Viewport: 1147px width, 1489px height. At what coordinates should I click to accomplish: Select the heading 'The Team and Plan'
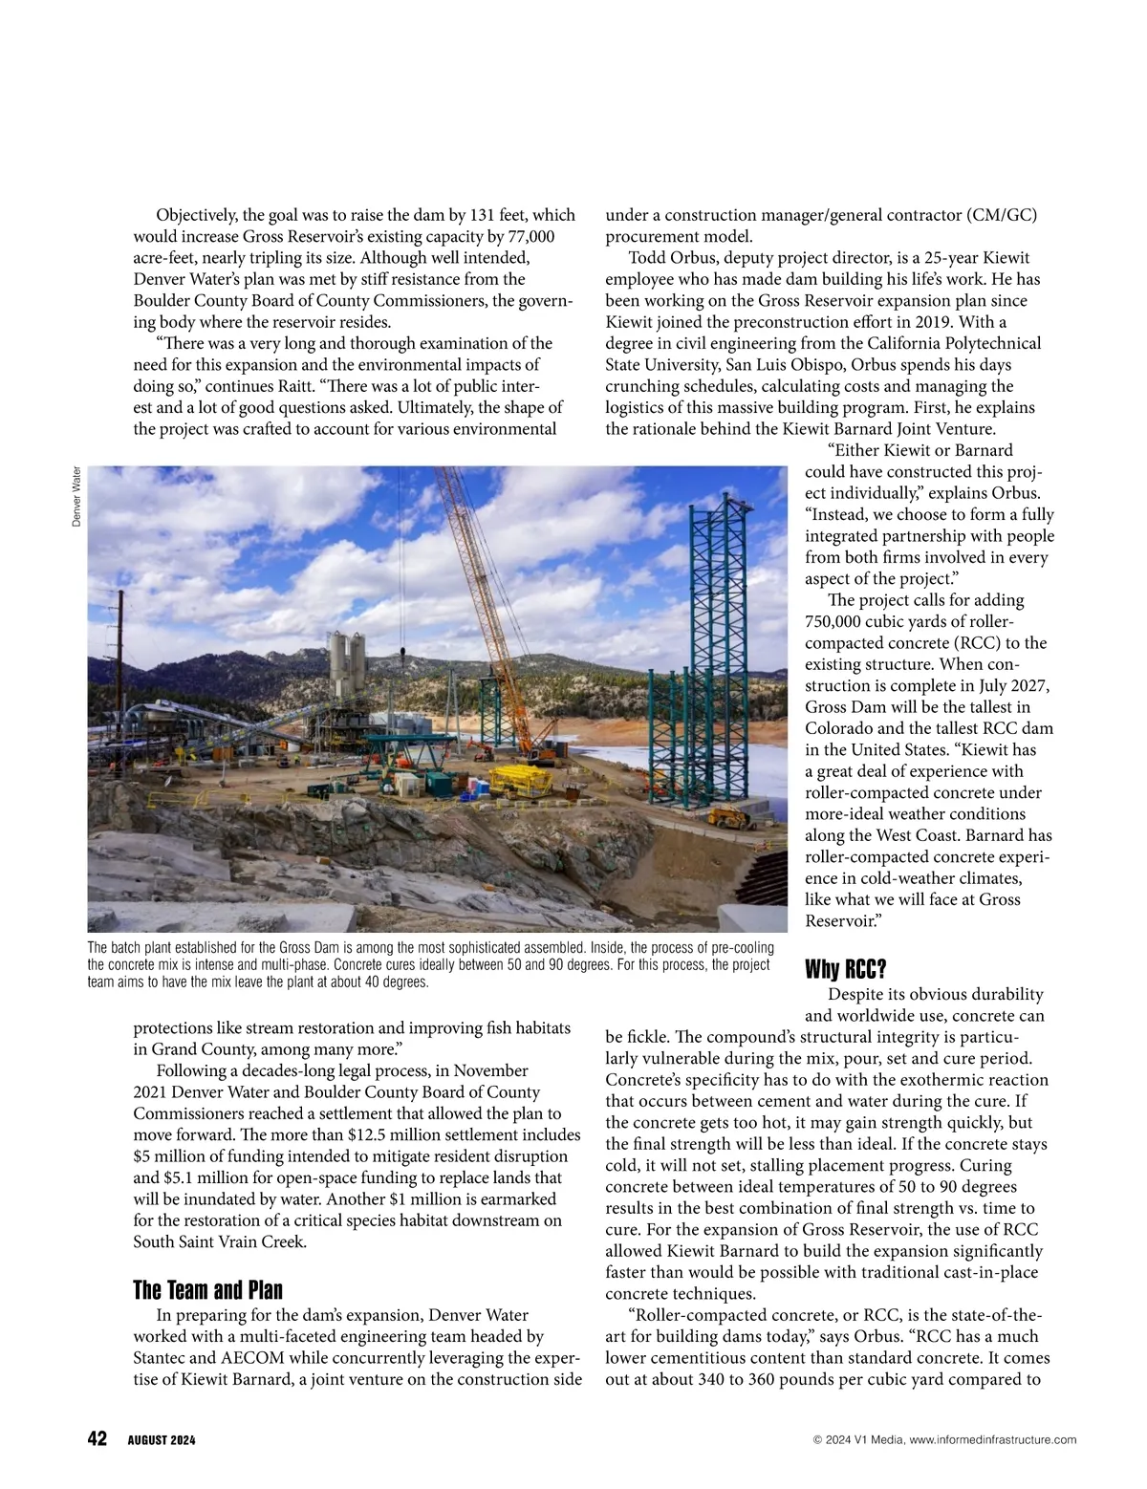(x=207, y=1290)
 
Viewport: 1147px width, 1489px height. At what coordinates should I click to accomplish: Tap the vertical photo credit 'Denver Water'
(x=76, y=494)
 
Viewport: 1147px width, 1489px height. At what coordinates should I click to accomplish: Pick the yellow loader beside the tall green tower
(x=735, y=817)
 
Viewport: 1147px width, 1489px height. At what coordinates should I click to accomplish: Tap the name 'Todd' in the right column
(x=647, y=258)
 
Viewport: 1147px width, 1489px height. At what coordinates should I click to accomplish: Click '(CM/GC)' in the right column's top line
(x=1001, y=215)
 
